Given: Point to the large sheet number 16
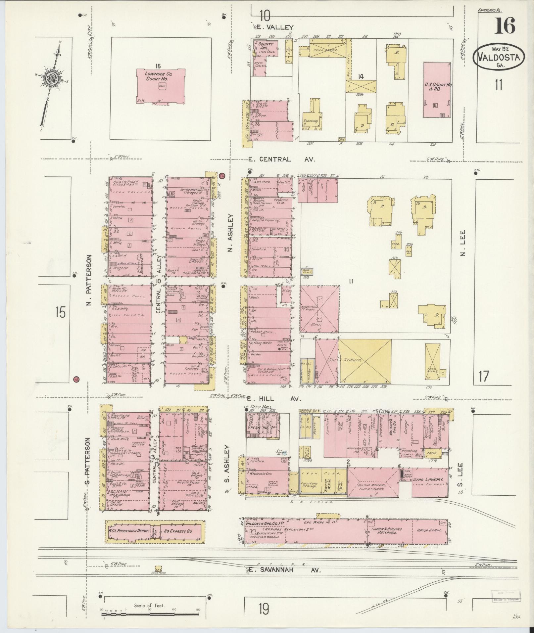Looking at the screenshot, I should pyautogui.click(x=505, y=26).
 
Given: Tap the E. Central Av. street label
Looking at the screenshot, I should pyautogui.click(x=281, y=159).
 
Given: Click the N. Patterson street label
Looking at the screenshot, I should pyautogui.click(x=89, y=280).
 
